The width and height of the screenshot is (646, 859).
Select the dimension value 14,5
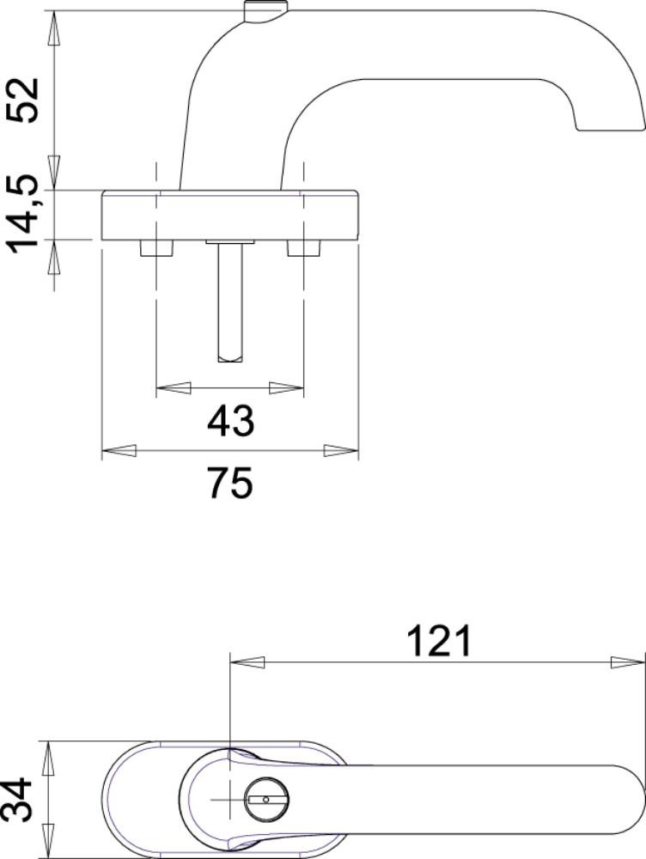pos(25,219)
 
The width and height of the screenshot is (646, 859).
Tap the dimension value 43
pos(231,421)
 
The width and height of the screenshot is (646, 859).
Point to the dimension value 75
pos(231,483)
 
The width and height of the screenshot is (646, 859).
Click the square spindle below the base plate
pos(229,302)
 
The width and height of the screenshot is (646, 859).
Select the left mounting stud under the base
pos(156,248)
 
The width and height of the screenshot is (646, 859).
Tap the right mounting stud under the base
pos(303,248)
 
